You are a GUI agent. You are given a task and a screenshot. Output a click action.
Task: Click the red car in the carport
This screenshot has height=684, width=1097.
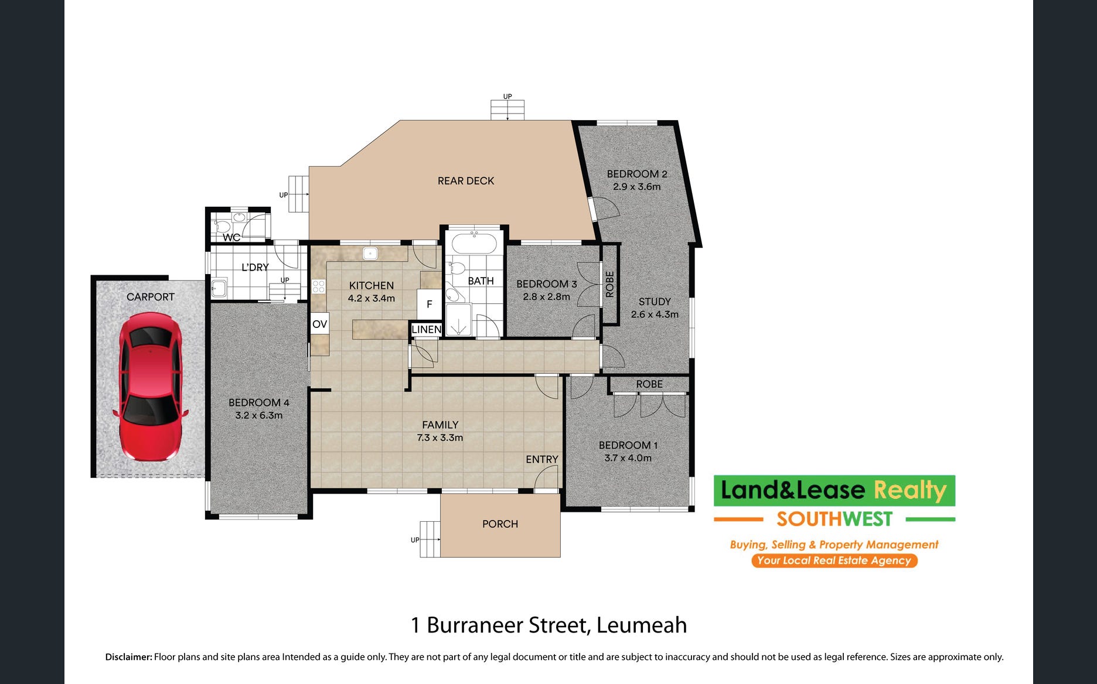151,387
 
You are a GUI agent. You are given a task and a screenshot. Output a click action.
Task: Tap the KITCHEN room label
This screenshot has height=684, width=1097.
372,285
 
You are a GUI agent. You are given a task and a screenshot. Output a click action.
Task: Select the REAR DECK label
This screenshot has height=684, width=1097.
466,181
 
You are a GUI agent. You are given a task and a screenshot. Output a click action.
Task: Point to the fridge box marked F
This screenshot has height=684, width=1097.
430,304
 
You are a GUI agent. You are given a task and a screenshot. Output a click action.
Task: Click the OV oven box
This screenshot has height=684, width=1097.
319,324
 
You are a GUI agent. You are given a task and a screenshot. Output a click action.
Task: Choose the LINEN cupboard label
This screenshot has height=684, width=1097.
427,330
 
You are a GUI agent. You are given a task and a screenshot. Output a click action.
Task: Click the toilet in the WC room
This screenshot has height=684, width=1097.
222,225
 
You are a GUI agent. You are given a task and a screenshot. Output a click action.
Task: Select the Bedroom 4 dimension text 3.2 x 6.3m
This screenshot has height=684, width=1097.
259,415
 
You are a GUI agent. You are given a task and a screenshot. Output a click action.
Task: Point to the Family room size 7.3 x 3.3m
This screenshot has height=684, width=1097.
440,437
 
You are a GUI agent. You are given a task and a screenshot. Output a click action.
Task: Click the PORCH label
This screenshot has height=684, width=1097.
500,524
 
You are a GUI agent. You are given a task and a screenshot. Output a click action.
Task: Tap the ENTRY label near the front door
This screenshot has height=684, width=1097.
542,459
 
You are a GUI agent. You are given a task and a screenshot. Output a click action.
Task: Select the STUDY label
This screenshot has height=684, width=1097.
655,302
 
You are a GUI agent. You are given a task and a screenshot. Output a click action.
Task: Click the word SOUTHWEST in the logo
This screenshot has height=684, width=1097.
834,519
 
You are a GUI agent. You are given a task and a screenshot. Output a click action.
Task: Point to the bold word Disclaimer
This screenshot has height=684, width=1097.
128,657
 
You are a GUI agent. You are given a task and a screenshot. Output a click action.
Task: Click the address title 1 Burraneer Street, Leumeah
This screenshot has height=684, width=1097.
548,625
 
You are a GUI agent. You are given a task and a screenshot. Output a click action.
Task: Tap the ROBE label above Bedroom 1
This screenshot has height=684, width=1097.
649,384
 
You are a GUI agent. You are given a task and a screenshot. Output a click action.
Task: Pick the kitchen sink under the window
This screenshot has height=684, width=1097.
370,254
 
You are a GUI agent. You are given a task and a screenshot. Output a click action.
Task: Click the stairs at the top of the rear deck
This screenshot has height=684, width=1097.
507,110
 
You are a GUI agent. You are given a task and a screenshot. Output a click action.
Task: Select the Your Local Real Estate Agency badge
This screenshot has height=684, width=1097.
834,560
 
